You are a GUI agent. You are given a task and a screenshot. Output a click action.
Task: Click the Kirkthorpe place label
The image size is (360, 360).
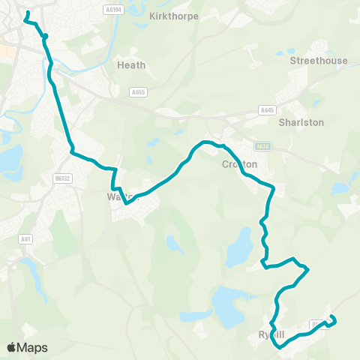pyautogui.click(x=174, y=15)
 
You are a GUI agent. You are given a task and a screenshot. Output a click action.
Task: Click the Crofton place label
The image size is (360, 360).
pyautogui.click(x=240, y=164)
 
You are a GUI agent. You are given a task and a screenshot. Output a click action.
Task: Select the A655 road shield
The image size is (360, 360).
pyautogui.click(x=137, y=92)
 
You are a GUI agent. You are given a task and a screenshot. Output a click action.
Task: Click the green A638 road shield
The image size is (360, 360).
pyautogui.click(x=262, y=147)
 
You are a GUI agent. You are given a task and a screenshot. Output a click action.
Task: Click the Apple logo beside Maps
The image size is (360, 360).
pyautogui.click(x=11, y=347)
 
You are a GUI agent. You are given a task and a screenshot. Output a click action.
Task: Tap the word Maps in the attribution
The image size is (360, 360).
pyautogui.click(x=32, y=347)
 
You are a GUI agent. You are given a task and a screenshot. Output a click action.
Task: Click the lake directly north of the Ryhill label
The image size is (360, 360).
pyautogui.click(x=229, y=304)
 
